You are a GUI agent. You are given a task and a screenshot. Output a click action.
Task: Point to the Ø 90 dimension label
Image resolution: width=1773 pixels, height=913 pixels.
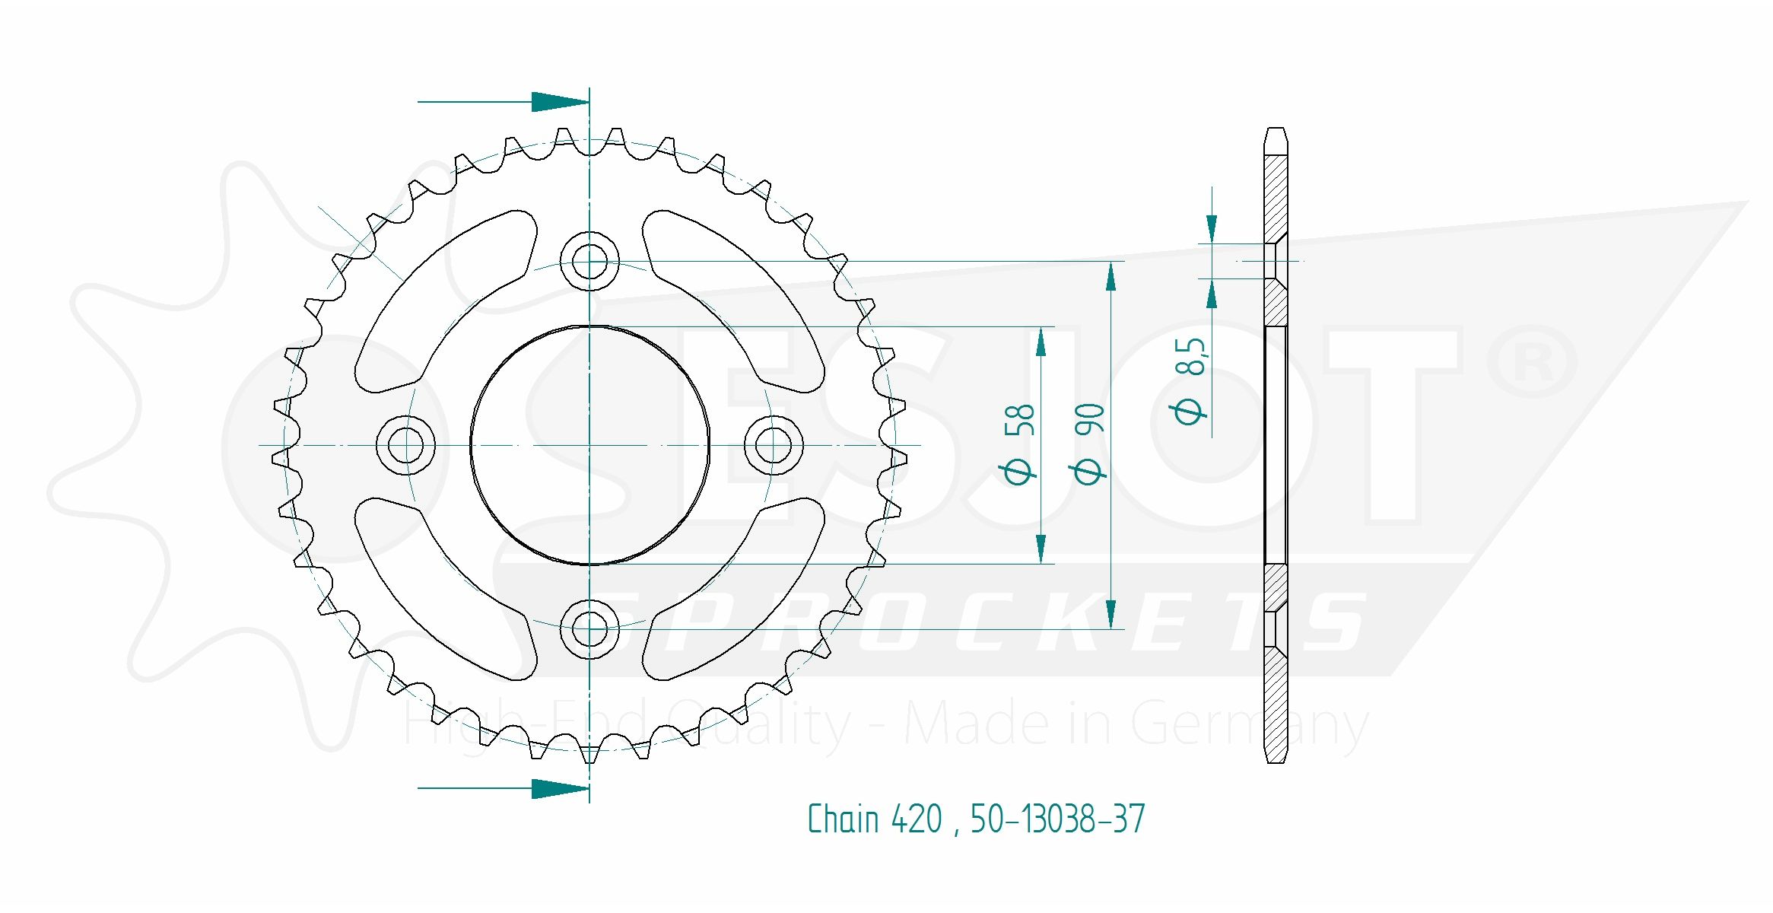(1088, 444)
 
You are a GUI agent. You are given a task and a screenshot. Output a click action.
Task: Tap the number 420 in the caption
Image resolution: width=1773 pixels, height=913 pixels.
(917, 819)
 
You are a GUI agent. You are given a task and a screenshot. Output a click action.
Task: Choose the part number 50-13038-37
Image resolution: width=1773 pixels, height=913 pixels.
(1057, 819)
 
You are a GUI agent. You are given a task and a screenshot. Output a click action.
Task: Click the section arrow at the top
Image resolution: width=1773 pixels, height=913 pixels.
(503, 101)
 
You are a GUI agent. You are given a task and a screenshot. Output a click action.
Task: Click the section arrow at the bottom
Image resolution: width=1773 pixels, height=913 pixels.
(503, 788)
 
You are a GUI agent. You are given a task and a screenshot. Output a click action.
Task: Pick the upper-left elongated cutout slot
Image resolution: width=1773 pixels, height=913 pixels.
(446, 301)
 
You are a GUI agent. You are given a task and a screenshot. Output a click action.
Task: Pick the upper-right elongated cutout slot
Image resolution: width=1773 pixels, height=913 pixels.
(733, 301)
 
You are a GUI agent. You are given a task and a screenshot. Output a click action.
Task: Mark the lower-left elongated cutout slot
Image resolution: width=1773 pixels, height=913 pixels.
(446, 589)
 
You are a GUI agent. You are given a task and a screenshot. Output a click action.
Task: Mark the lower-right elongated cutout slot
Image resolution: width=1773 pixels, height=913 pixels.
(733, 589)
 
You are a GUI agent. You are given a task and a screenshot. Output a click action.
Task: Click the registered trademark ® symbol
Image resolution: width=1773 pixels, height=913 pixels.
(1532, 363)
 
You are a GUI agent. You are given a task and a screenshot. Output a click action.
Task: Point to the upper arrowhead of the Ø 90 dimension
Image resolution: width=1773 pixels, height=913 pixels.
(1111, 276)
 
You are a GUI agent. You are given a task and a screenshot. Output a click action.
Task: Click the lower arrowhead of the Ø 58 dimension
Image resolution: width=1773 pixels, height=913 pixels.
(1041, 549)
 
